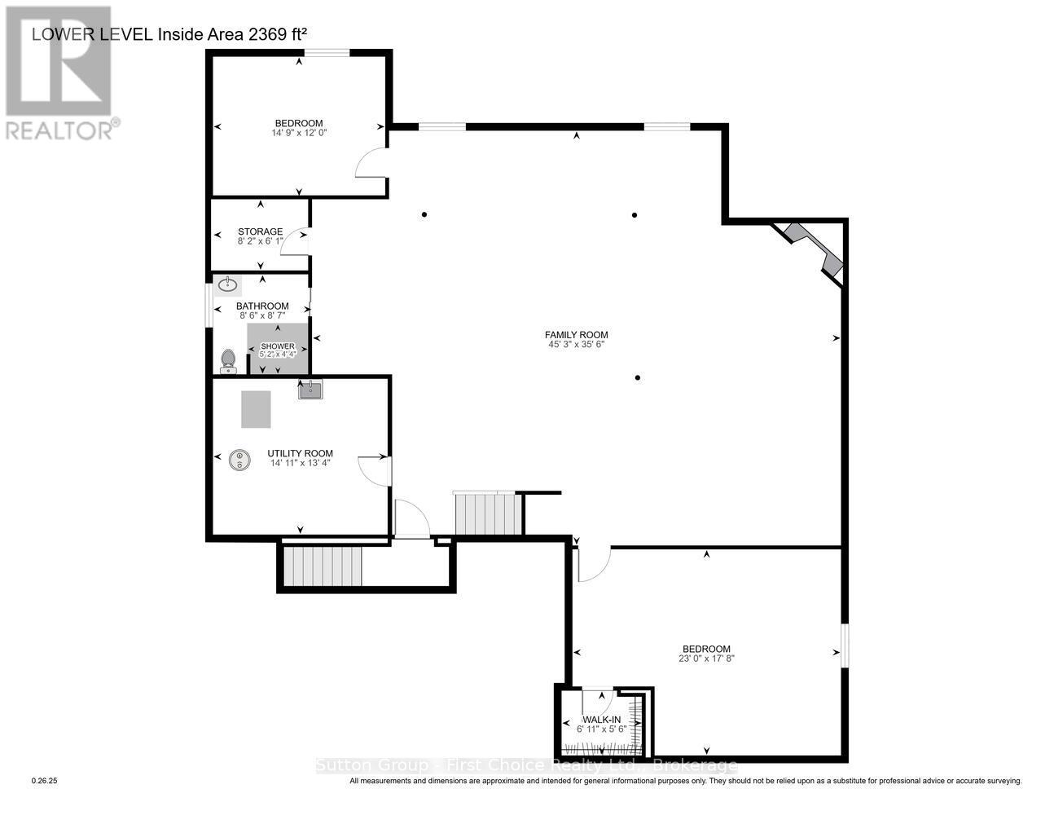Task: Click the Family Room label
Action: pyautogui.click(x=576, y=334)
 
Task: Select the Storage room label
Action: pyautogui.click(x=260, y=231)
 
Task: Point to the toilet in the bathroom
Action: pyautogui.click(x=228, y=359)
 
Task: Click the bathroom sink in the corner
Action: pyautogui.click(x=227, y=285)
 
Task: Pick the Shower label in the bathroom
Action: pyautogui.click(x=277, y=346)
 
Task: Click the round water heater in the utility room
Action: pyautogui.click(x=239, y=460)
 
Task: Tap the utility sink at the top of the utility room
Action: pyautogui.click(x=310, y=390)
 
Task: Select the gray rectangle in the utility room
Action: pyautogui.click(x=256, y=409)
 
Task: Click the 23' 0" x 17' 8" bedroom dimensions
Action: pyautogui.click(x=706, y=659)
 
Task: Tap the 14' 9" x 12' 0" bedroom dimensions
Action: pyautogui.click(x=299, y=132)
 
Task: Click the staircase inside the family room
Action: pyautogui.click(x=487, y=513)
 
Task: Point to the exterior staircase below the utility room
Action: pyautogui.click(x=322, y=566)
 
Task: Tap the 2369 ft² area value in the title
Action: pyautogui.click(x=271, y=33)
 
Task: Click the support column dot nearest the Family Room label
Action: pyautogui.click(x=638, y=377)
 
